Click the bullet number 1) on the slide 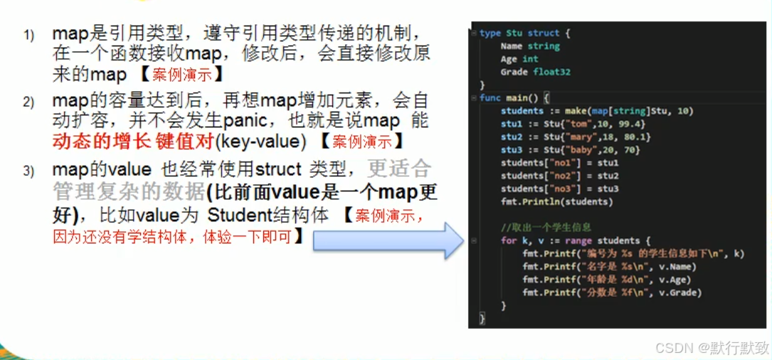coord(28,36)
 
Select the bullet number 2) coord(28,102)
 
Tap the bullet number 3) coord(28,171)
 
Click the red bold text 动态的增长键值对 coord(133,141)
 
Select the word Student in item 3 coord(240,214)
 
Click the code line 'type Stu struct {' coord(525,33)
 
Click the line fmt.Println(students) coord(557,201)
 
